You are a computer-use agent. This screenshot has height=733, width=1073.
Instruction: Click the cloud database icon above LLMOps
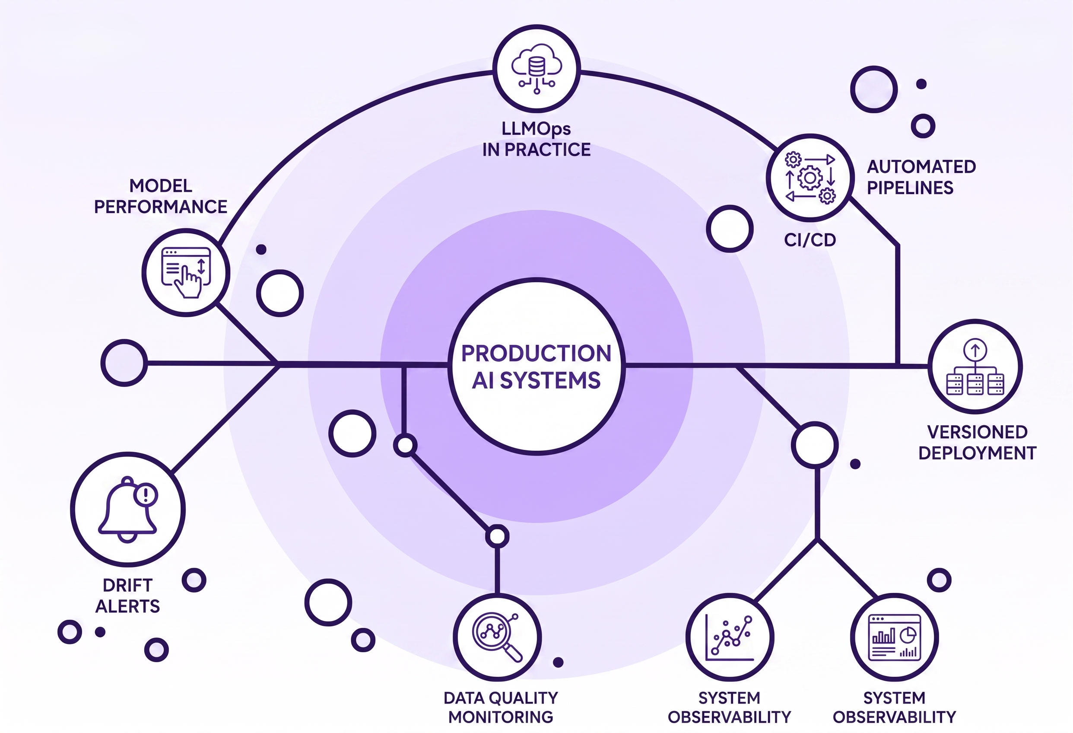536,68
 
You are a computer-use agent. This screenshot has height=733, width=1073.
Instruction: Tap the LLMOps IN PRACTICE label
536,139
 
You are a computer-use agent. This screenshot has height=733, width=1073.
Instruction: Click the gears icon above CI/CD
810,178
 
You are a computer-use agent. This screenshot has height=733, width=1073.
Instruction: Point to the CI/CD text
810,240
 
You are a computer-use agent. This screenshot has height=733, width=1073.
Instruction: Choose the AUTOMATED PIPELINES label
921,177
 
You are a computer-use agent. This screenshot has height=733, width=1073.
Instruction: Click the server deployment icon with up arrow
975,367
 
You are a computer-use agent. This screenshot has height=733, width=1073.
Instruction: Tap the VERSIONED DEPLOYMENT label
977,443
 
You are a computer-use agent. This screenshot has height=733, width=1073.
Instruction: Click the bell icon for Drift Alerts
128,509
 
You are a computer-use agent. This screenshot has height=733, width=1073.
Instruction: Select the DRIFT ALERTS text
127,596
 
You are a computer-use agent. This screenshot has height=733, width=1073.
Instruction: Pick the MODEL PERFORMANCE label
161,196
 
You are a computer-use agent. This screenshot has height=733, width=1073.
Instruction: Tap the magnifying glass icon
497,637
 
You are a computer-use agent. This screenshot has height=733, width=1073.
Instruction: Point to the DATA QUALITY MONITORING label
501,707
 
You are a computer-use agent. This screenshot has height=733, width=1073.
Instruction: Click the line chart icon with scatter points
730,637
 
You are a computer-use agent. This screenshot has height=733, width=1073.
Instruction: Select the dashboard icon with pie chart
894,637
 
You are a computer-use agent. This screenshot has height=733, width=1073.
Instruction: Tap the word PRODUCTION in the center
536,354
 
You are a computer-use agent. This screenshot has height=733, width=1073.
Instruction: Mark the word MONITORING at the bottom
501,717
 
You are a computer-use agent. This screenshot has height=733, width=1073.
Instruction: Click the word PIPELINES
910,188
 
